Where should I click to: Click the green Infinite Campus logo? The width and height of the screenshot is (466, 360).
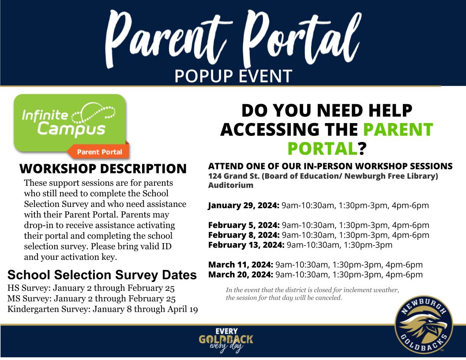(70, 123)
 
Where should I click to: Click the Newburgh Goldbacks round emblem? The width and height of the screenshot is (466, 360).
(424, 325)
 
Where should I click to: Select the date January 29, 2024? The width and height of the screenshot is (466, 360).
(244, 206)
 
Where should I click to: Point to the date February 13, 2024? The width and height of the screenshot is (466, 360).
(246, 245)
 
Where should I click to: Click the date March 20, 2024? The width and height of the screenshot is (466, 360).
(241, 274)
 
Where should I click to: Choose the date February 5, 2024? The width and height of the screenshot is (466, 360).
(244, 225)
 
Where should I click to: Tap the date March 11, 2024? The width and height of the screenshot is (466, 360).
(241, 265)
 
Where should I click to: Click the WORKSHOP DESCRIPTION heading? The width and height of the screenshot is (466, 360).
(103, 169)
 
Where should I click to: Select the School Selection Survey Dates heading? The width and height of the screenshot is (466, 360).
(102, 275)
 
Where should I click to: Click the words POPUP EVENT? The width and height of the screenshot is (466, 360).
(233, 76)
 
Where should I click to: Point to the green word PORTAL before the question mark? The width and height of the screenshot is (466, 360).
(323, 148)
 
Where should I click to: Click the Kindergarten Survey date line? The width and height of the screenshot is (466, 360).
(102, 309)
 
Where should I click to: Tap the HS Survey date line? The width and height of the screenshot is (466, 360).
(91, 288)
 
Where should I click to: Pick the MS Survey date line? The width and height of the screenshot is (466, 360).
(91, 299)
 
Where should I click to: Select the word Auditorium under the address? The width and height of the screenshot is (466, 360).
(231, 185)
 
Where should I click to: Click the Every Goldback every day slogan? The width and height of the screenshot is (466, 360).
(226, 340)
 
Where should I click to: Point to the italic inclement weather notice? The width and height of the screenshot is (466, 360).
(312, 294)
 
